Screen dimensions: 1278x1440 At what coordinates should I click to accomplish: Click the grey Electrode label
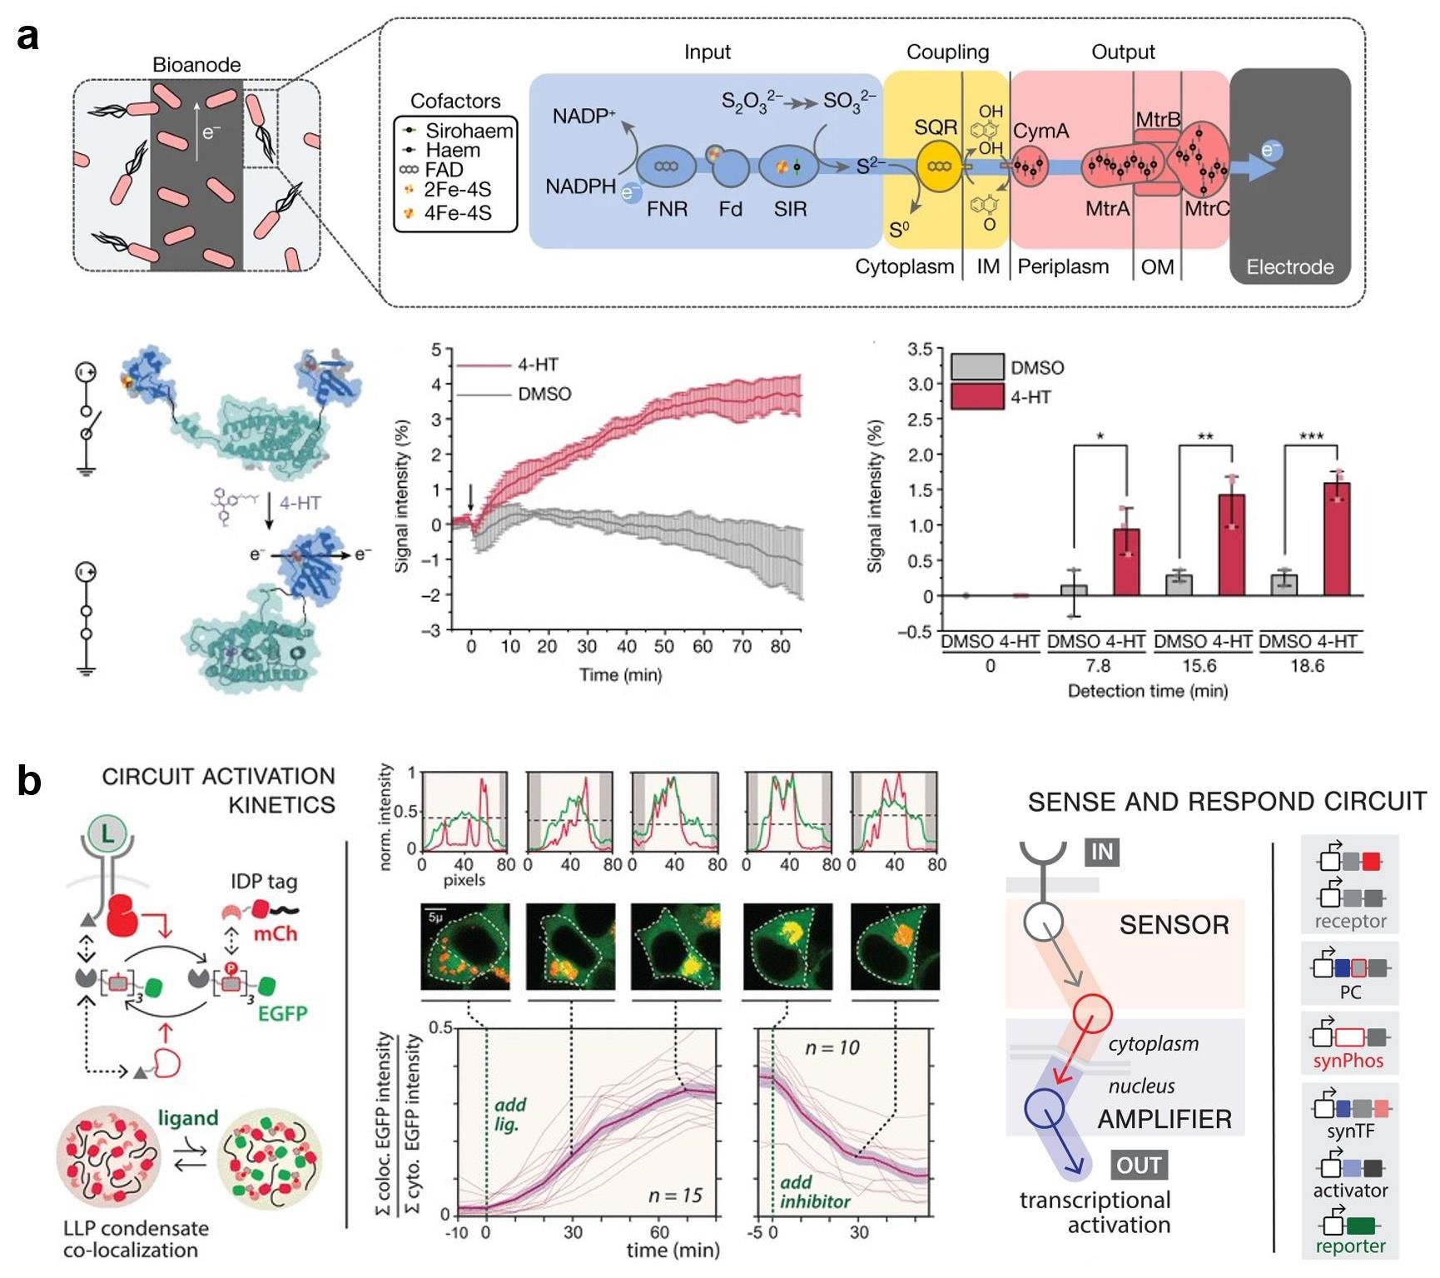point(1289,267)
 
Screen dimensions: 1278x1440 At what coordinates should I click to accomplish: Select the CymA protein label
point(1040,132)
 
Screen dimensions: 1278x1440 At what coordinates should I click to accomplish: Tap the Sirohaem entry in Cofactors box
point(469,131)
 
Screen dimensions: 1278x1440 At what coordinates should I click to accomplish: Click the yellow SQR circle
point(939,167)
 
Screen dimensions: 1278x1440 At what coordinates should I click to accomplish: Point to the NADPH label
point(580,186)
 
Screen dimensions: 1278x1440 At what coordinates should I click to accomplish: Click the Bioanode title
point(196,65)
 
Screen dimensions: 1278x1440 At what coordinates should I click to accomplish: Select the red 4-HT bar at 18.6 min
point(1337,539)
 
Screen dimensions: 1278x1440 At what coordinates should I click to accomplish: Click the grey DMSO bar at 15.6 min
point(1179,584)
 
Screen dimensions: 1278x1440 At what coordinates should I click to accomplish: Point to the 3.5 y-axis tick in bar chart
point(920,349)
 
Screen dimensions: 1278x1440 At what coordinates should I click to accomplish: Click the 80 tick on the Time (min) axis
point(780,647)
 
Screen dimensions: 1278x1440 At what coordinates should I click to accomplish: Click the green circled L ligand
point(108,833)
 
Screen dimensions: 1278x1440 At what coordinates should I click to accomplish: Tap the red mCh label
point(275,933)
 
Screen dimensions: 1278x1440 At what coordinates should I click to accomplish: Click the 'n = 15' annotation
point(675,1196)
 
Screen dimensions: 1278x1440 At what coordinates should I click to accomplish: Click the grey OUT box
point(1139,1165)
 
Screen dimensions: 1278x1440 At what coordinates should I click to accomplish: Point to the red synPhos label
point(1348,1061)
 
